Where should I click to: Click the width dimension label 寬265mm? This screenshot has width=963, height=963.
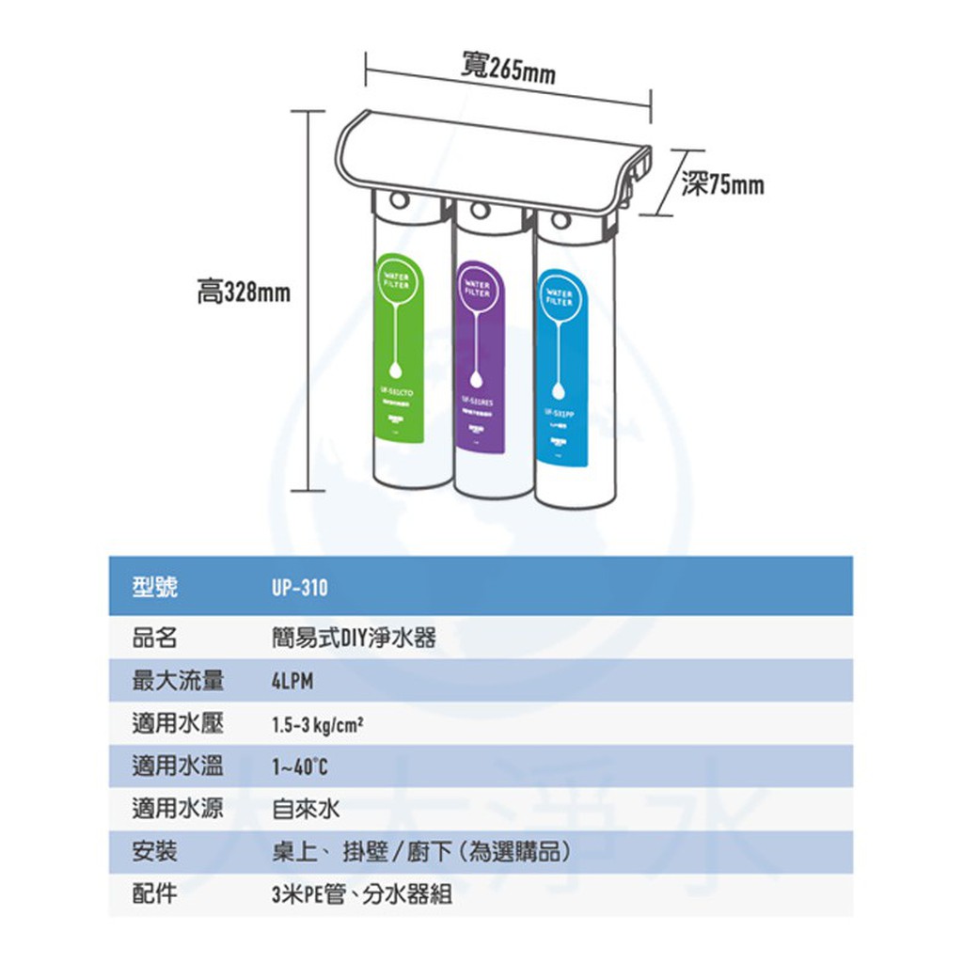(509, 68)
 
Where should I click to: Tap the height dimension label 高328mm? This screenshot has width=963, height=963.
(244, 293)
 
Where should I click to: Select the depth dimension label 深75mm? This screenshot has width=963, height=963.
(723, 185)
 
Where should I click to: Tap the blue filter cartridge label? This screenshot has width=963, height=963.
(561, 368)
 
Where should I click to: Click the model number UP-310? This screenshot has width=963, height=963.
(300, 588)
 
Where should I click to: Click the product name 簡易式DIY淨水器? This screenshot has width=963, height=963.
(354, 639)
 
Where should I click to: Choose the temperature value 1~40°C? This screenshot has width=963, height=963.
(300, 768)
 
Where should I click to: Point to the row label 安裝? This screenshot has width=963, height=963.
(154, 852)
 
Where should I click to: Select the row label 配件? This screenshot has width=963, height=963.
(154, 894)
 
